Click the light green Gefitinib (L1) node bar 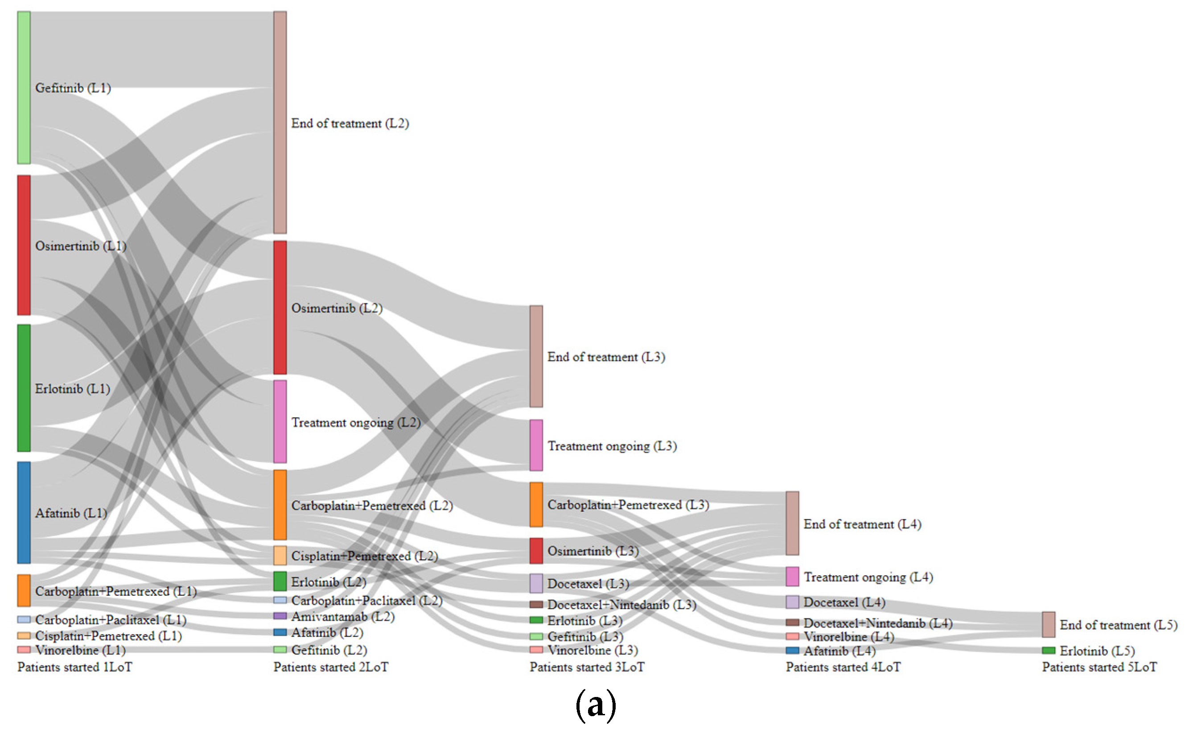(24, 87)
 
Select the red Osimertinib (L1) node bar (24, 245)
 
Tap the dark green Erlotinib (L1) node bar (24, 388)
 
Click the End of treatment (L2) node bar (280, 122)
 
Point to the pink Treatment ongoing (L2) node (280, 421)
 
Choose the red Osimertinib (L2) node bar (280, 307)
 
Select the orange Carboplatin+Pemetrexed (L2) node (280, 505)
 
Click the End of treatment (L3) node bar (536, 356)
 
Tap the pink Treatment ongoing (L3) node (536, 445)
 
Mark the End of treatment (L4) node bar (792, 524)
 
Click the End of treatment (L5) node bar (1048, 624)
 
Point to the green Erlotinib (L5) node (1048, 651)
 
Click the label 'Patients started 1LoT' (75, 667)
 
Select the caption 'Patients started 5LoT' (1099, 667)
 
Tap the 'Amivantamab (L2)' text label (343, 617)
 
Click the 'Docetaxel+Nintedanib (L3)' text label (621, 604)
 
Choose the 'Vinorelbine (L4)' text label (849, 636)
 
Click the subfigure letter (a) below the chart (596, 705)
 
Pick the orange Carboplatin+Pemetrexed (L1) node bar (24, 591)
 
